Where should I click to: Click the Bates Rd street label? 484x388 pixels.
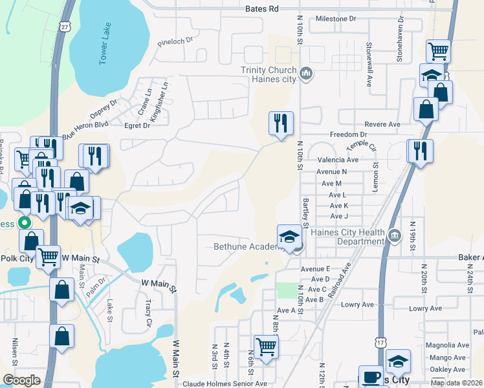pyautogui.click(x=261, y=9)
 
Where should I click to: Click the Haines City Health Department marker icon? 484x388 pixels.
pyautogui.click(x=393, y=235)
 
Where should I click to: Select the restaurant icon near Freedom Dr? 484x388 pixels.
pyautogui.click(x=281, y=123)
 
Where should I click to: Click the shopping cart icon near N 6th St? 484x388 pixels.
pyautogui.click(x=266, y=347)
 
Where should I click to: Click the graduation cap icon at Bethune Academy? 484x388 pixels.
pyautogui.click(x=289, y=236)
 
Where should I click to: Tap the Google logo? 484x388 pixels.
pyautogui.click(x=21, y=380)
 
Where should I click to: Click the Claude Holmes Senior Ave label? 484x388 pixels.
pyautogui.click(x=225, y=383)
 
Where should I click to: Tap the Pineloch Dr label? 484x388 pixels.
pyautogui.click(x=175, y=41)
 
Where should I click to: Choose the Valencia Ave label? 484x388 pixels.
pyautogui.click(x=338, y=160)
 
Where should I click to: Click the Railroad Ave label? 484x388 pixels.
pyautogui.click(x=338, y=280)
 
